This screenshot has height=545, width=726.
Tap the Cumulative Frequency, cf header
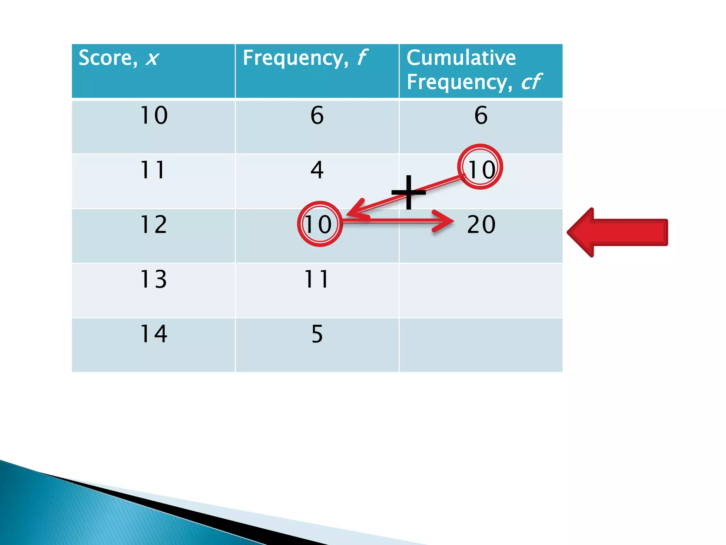(x=474, y=70)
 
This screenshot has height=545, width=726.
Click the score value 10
(x=153, y=115)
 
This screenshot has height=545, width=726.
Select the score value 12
(x=153, y=225)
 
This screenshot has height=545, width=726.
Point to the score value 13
(x=153, y=279)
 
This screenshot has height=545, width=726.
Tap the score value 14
(x=153, y=334)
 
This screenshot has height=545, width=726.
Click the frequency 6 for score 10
(x=317, y=115)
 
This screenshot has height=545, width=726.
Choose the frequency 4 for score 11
(x=317, y=170)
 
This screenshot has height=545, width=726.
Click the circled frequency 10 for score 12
(x=319, y=224)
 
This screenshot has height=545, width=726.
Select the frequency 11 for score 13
(x=317, y=279)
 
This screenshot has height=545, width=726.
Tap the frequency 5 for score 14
(x=317, y=334)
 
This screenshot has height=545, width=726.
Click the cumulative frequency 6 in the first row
(x=481, y=115)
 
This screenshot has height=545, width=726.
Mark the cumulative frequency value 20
(x=481, y=225)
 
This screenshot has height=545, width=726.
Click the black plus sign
(x=409, y=192)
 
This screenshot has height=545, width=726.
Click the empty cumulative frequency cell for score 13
(x=481, y=290)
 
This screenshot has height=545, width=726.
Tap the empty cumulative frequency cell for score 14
(x=481, y=345)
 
